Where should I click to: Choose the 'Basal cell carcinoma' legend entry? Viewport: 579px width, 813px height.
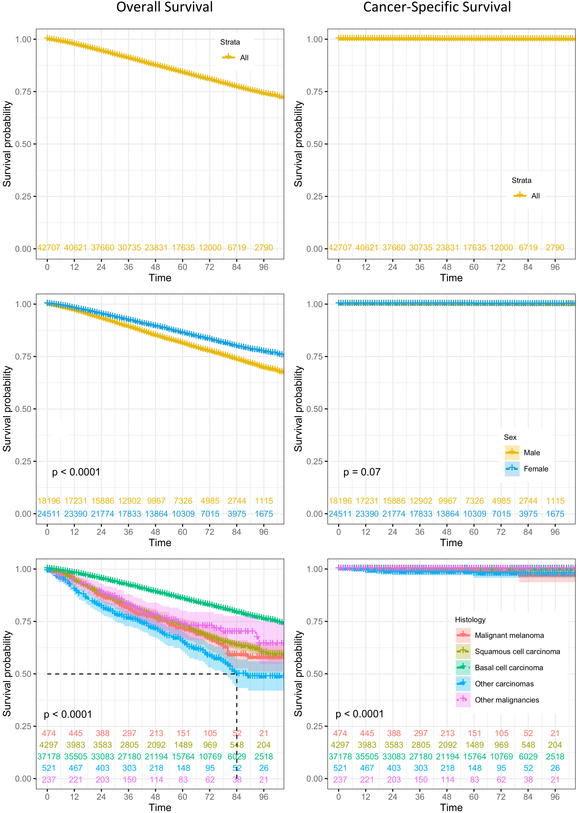[x=509, y=667]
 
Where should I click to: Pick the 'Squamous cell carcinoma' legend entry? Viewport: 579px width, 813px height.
[x=517, y=652]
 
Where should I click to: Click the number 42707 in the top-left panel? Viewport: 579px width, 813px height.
[x=49, y=247]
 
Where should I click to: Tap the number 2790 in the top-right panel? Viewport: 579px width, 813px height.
[x=555, y=247]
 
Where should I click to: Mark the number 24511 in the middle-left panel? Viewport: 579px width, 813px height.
[x=49, y=514]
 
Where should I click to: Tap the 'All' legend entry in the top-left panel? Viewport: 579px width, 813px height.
[x=244, y=58]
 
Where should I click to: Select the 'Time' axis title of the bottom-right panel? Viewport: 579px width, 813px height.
[x=451, y=807]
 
